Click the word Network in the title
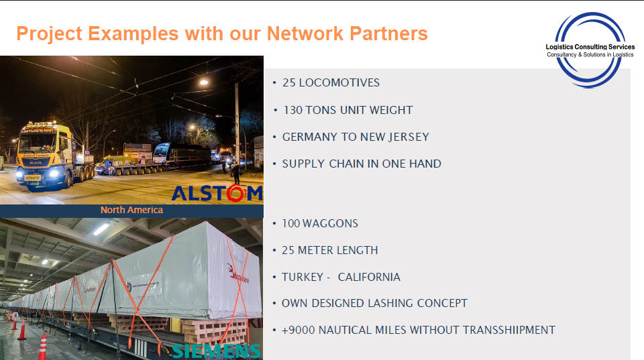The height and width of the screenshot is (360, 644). click(305, 34)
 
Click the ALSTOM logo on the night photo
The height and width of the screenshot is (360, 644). click(217, 193)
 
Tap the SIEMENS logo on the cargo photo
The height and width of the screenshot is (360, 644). click(217, 351)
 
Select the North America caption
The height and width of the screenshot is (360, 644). click(132, 210)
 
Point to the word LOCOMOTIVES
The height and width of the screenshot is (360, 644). click(339, 82)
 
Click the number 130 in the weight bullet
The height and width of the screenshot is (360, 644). click(293, 110)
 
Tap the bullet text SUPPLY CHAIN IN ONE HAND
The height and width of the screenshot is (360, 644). click(362, 164)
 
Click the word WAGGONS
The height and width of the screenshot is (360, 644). click(330, 223)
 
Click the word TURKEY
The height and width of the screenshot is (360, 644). click(303, 277)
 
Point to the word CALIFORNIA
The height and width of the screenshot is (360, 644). click(369, 277)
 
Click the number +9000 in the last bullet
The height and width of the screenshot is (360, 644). click(299, 330)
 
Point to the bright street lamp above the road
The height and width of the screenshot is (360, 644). click(204, 82)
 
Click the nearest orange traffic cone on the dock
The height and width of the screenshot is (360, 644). click(42, 347)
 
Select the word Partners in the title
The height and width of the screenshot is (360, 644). click(388, 34)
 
